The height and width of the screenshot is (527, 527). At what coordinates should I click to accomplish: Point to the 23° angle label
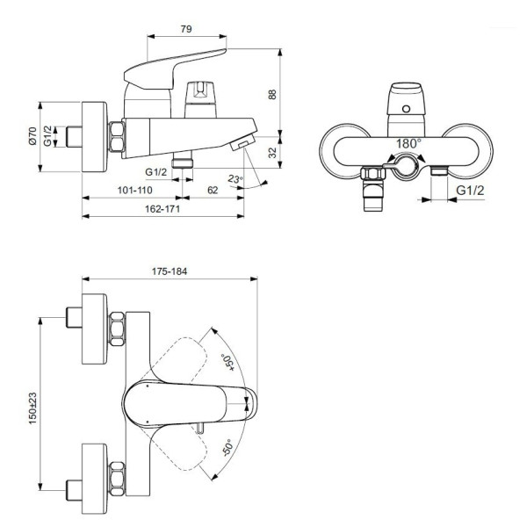pos(235,179)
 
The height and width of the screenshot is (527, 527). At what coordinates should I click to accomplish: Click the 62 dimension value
pos(213,188)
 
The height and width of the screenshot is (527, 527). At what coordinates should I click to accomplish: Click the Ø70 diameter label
pos(33,137)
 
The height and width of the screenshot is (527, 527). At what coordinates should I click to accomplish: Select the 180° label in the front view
pos(408,142)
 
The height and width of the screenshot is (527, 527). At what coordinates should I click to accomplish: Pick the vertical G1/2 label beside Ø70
pos(50,137)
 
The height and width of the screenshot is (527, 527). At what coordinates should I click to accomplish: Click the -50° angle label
pos(226,449)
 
